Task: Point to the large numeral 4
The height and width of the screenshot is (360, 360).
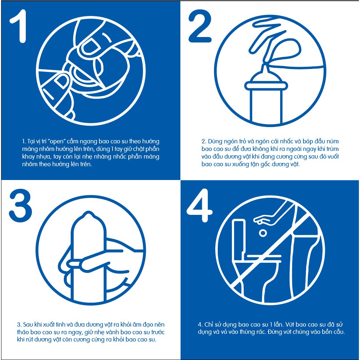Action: pyautogui.click(x=199, y=205)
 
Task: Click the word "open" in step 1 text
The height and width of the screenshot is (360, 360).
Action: pyautogui.click(x=57, y=142)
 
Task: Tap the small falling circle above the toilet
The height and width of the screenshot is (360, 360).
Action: pyautogui.click(x=263, y=233)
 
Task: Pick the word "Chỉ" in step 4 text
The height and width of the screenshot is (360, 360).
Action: pyautogui.click(x=209, y=325)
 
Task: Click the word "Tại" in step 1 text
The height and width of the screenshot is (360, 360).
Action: pyautogui.click(x=31, y=142)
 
